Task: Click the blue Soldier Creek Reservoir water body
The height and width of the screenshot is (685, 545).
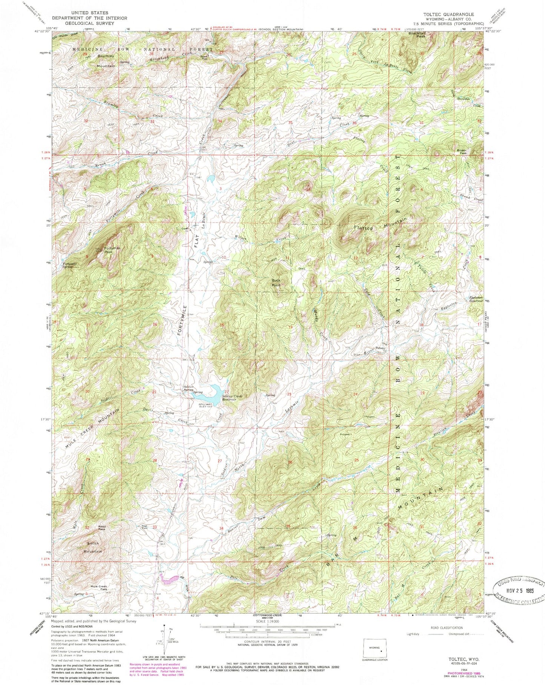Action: tap(209, 394)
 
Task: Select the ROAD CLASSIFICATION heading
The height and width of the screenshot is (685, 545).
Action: tap(437, 628)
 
